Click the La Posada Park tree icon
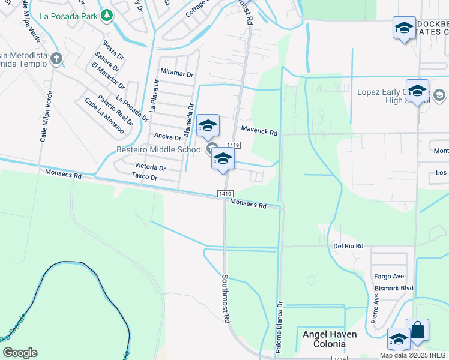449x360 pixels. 107,15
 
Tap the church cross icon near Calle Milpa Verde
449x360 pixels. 56,59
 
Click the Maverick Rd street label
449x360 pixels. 259,130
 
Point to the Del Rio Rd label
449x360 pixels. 348,246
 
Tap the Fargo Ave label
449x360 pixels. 389,277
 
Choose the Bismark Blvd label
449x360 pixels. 394,288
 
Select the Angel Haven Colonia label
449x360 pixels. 329,339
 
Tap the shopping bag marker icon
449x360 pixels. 417,331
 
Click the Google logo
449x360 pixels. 20,353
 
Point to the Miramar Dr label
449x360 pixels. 177,74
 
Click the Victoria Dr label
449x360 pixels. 150,167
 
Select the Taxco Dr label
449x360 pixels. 144,178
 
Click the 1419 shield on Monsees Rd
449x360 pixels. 225,193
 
